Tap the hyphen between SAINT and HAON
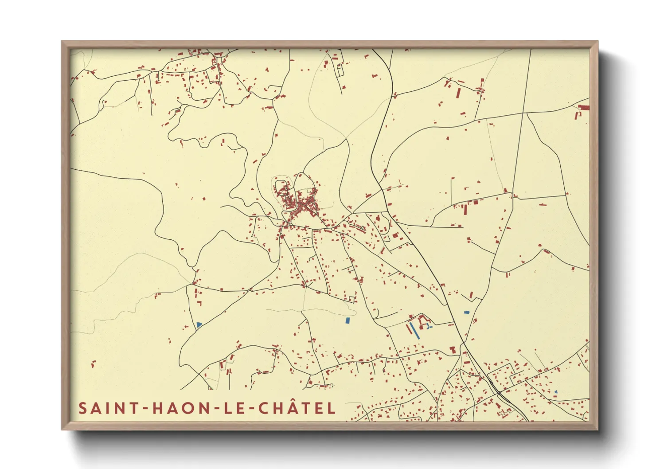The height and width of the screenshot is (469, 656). [145, 409]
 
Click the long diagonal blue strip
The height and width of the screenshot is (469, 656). [414, 330]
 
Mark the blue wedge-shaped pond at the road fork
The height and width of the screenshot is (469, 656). [199, 324]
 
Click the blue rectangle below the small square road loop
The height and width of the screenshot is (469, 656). [348, 320]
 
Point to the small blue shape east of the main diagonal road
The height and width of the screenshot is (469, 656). [466, 313]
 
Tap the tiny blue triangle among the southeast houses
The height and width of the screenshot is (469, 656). [556, 391]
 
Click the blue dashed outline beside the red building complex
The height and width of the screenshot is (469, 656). [428, 326]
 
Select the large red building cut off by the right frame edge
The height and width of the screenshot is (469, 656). [584, 108]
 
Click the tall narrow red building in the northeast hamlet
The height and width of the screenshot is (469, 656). [459, 93]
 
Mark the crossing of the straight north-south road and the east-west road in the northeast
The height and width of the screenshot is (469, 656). [523, 113]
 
